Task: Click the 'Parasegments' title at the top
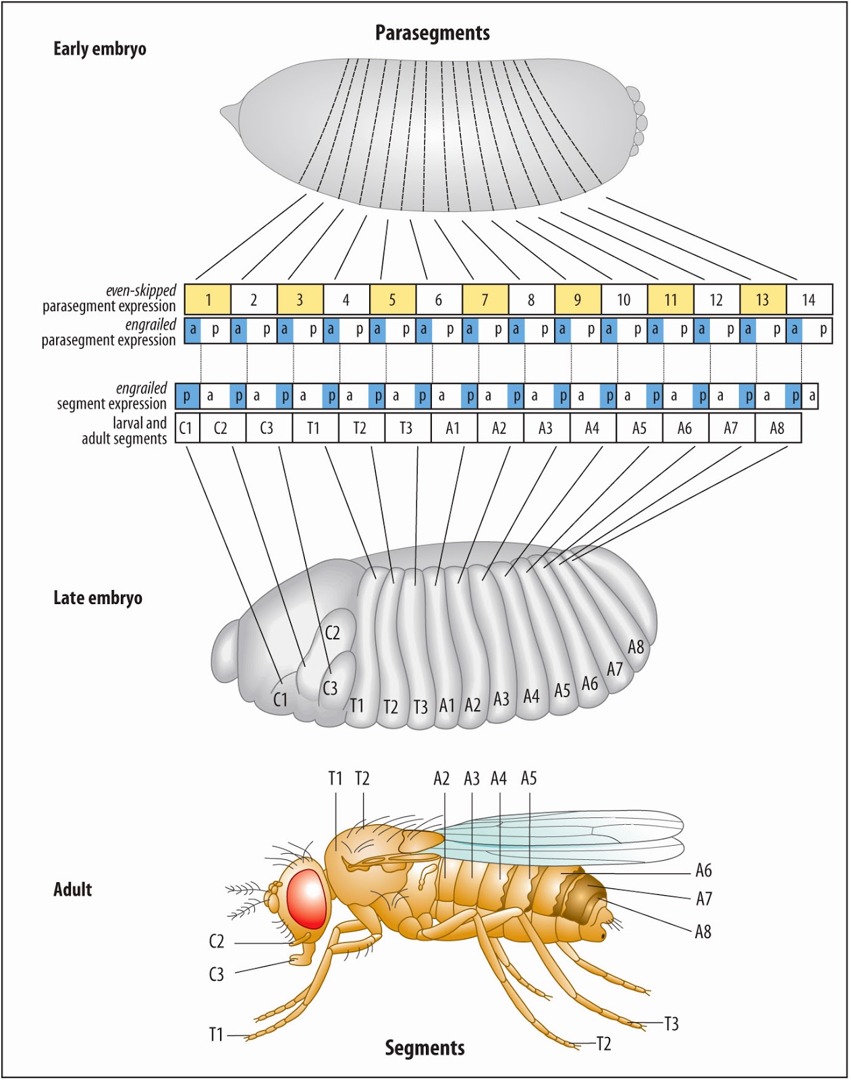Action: click(432, 33)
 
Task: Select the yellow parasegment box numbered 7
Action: click(485, 300)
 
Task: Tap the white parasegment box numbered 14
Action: click(808, 300)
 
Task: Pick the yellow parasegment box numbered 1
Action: click(208, 300)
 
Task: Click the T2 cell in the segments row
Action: click(360, 428)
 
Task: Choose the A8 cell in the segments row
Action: click(777, 428)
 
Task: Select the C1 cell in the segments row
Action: click(186, 428)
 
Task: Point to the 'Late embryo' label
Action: click(98, 598)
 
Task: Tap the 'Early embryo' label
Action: click(100, 49)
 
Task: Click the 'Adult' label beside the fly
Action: click(72, 889)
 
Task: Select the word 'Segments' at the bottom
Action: click(424, 1048)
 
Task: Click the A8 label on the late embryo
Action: click(636, 647)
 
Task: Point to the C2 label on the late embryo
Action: click(332, 632)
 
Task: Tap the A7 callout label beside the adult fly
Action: click(704, 898)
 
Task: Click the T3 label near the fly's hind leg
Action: click(671, 1024)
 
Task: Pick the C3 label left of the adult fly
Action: click(216, 974)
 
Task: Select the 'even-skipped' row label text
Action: click(140, 290)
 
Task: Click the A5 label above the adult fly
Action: click(528, 778)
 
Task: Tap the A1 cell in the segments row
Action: click(452, 428)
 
